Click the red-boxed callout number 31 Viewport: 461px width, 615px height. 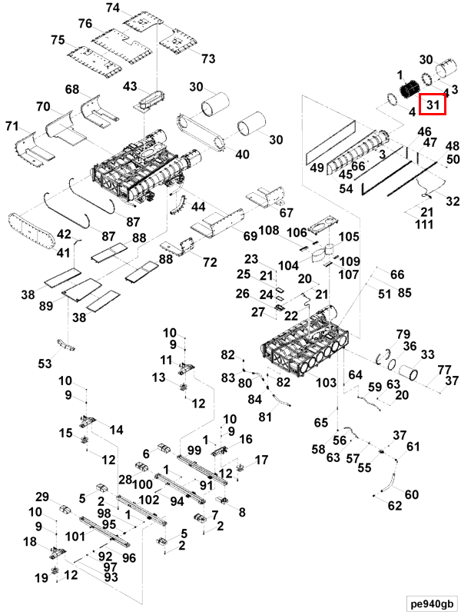433,105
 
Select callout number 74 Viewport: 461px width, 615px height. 113,8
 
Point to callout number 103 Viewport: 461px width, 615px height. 326,382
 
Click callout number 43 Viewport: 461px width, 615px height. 130,86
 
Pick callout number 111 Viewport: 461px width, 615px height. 425,224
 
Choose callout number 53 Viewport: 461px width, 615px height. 45,364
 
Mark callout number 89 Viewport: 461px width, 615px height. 46,305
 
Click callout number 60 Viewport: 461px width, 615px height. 412,494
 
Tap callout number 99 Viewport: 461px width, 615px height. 194,450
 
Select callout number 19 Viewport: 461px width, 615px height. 41,578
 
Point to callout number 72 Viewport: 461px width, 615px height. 210,262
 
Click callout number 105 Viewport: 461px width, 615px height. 349,237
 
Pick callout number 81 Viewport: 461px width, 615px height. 265,417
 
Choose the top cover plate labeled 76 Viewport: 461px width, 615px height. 122,46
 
